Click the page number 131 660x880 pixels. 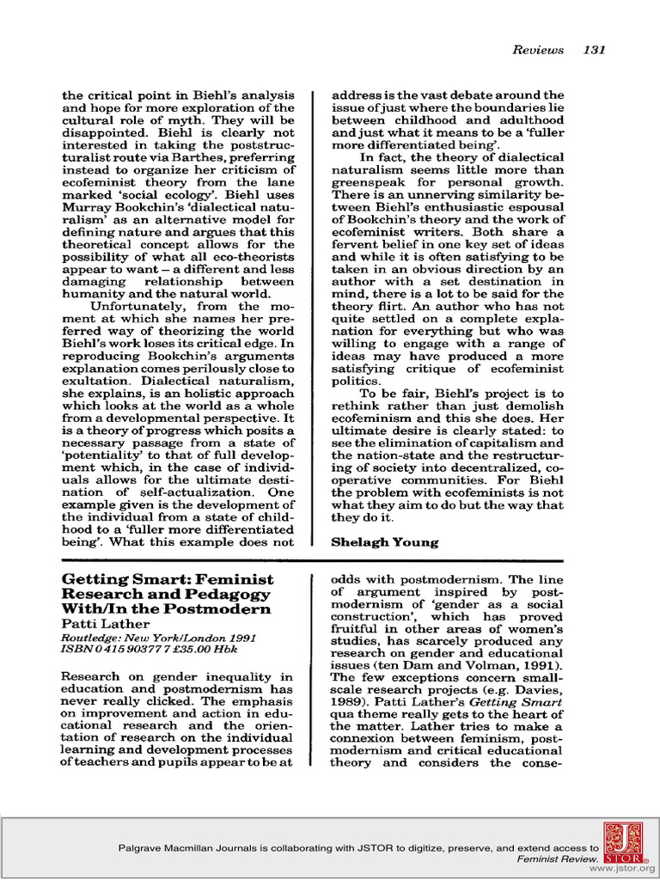tap(594, 50)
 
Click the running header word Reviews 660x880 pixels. tap(538, 50)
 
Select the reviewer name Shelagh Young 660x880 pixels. tap(385, 542)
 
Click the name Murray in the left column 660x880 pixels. tap(86, 207)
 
